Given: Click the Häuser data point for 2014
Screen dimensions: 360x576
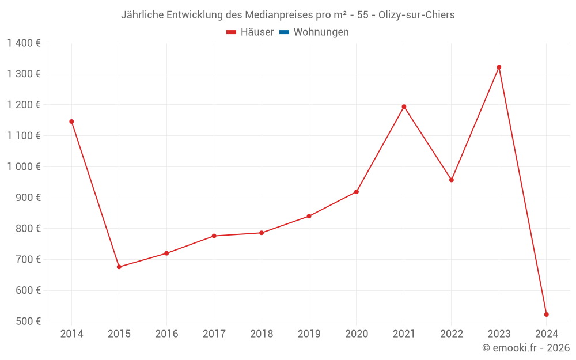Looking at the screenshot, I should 71,122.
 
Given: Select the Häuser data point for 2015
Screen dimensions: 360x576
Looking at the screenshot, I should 119,267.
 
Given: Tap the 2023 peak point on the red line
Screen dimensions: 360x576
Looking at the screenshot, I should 499,67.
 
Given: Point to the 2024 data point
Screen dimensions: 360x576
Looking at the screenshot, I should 546,314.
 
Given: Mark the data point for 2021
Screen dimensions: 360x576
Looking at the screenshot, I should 404,107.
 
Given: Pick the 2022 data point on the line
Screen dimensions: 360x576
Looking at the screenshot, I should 452,180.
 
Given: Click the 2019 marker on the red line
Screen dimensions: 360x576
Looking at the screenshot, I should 309,216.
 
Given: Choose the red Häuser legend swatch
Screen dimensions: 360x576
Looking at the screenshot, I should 232,32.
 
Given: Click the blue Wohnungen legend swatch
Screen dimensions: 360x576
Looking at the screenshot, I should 284,32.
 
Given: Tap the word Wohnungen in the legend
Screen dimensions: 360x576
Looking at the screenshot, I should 321,32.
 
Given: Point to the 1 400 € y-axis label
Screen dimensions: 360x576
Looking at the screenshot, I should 24,43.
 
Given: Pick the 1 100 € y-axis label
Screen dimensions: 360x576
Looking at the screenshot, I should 24,135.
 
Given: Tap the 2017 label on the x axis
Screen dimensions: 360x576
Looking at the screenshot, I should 214,334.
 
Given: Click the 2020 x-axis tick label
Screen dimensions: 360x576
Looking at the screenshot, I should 357,334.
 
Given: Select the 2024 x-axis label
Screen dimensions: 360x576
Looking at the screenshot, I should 546,334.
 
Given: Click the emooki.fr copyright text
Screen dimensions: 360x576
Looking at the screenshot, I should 526,348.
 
